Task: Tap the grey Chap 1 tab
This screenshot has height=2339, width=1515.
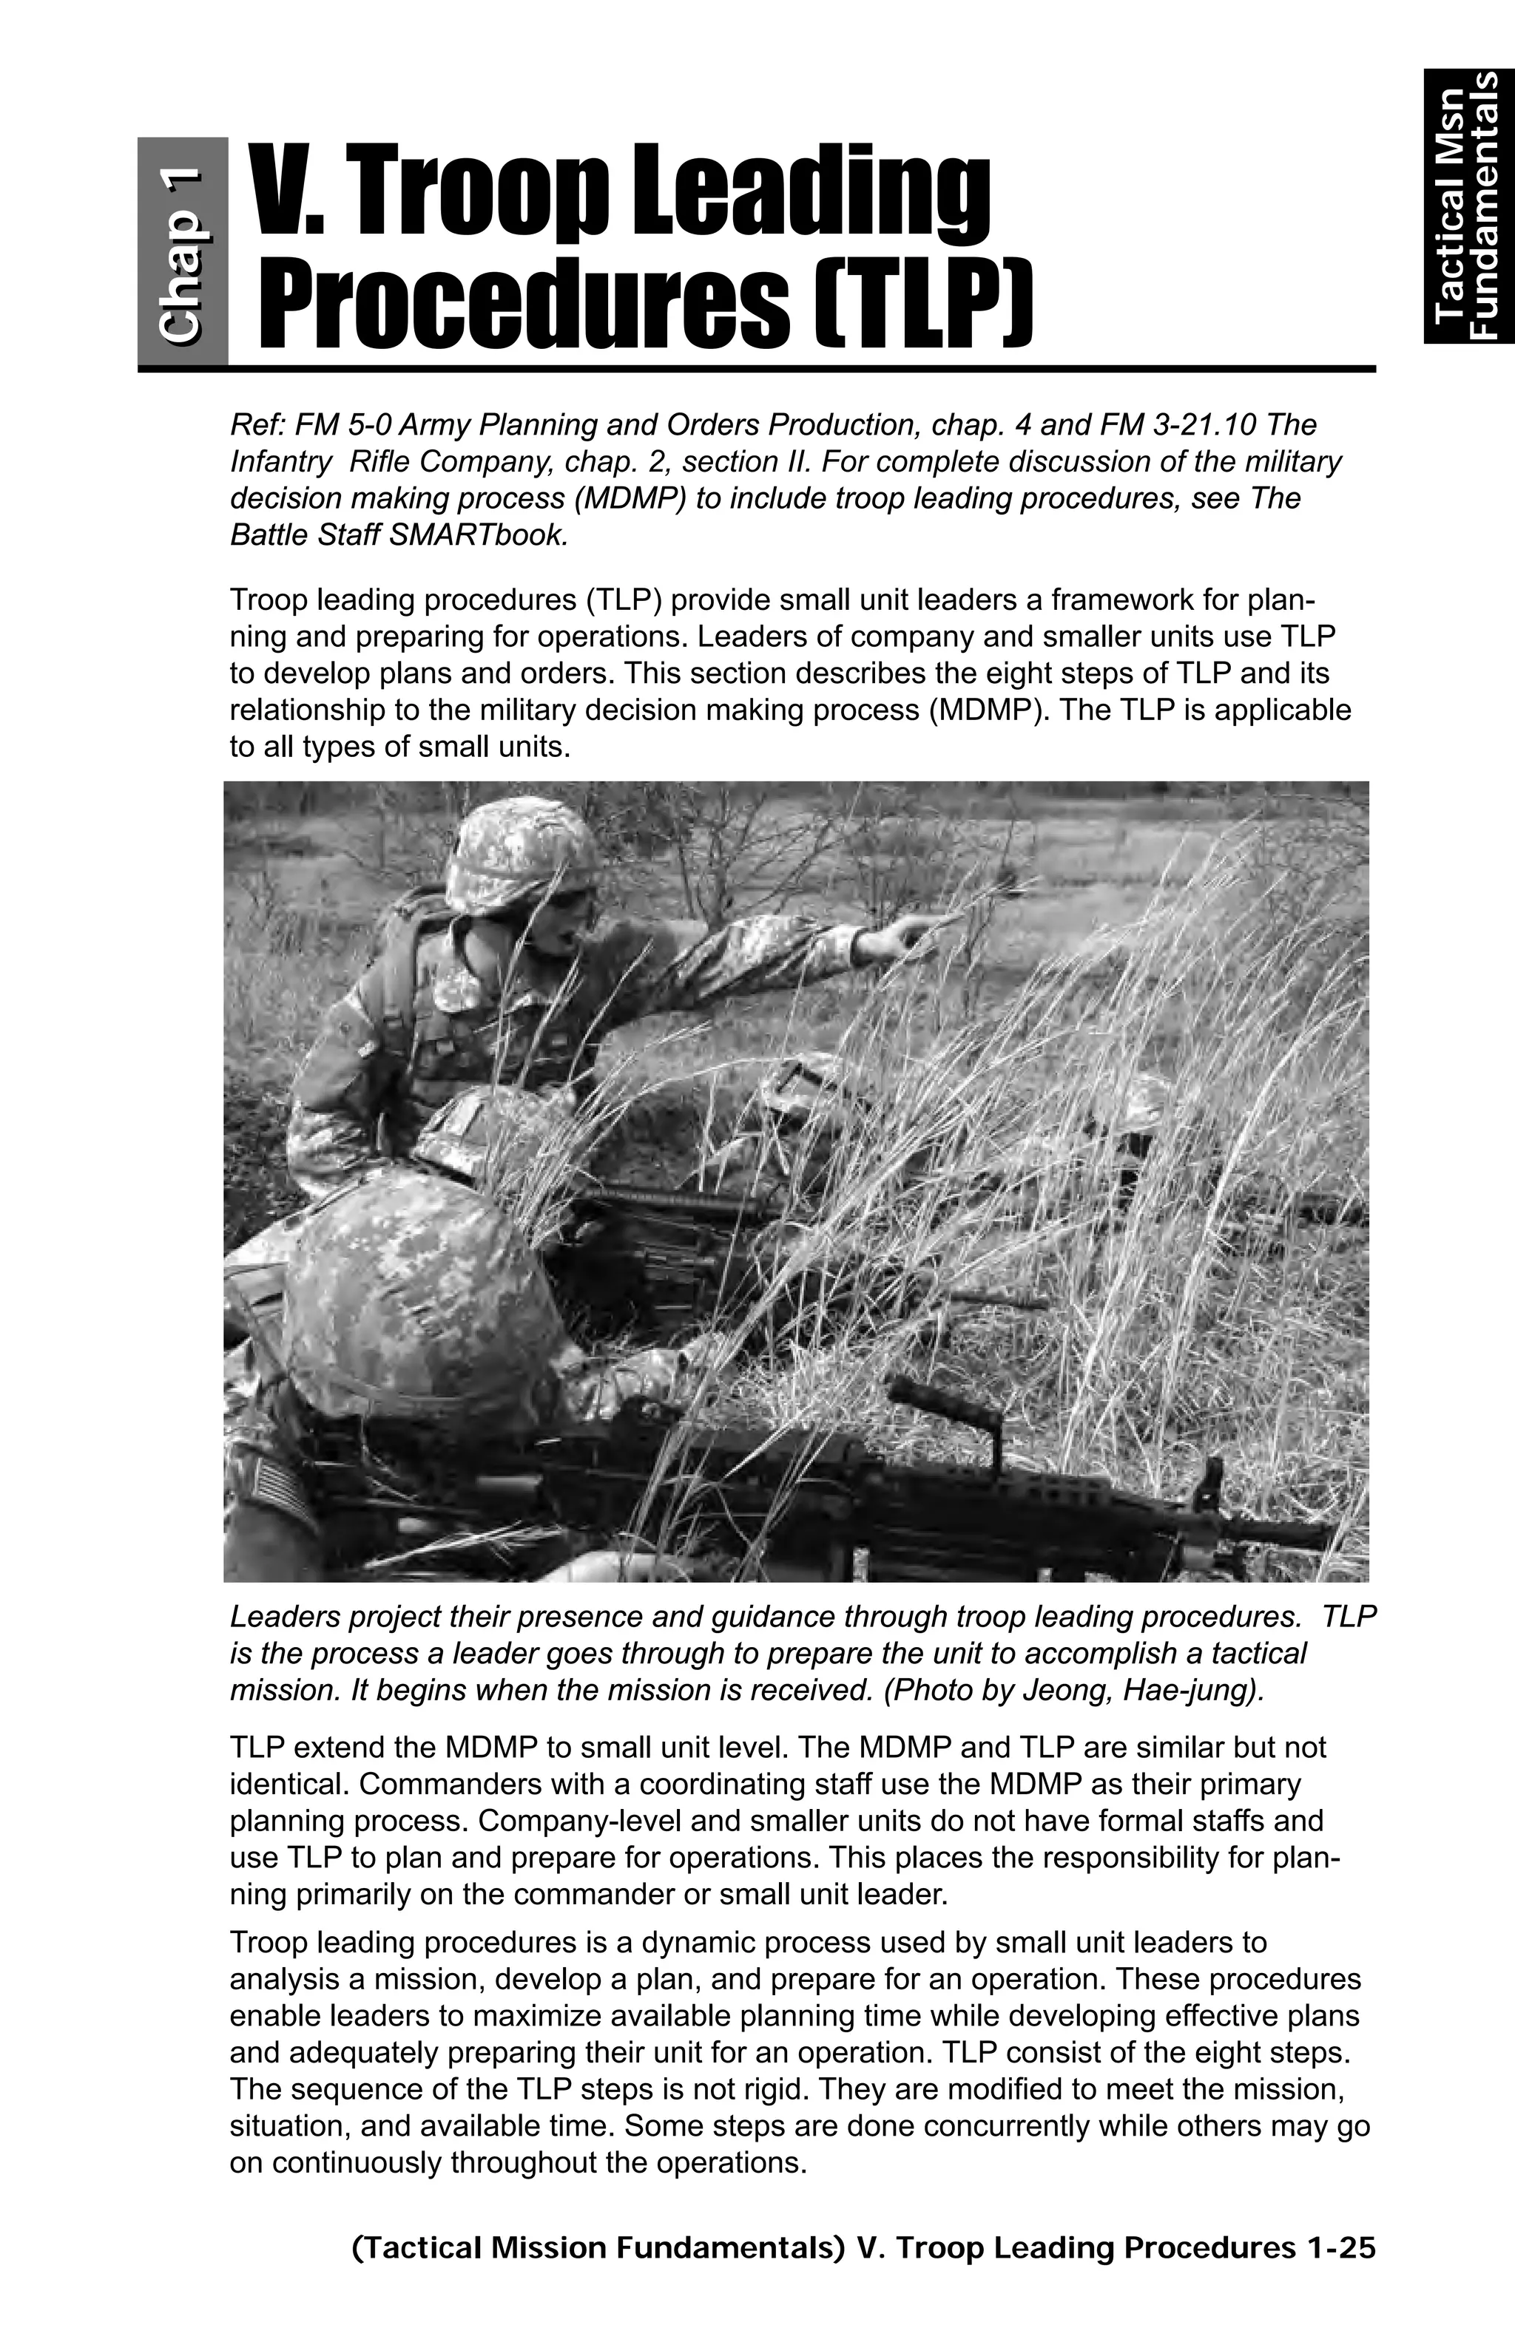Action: [183, 251]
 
